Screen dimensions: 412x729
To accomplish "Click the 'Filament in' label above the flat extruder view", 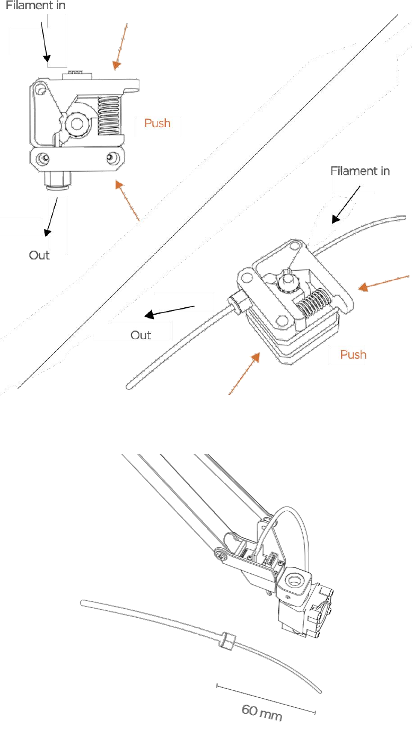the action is [x=36, y=5].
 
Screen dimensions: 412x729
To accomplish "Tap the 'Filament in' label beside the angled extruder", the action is [x=360, y=171].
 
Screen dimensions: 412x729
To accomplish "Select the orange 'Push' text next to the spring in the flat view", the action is [x=157, y=123].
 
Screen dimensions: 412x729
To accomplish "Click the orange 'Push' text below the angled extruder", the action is [x=353, y=354].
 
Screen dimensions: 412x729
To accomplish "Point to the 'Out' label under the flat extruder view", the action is [x=39, y=255].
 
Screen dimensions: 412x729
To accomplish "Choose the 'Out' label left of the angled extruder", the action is [x=141, y=335].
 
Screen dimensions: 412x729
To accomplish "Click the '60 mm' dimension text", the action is [x=262, y=713].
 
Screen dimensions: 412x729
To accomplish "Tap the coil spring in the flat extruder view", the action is [x=109, y=116].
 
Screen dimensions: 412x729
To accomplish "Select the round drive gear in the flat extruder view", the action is [x=77, y=123].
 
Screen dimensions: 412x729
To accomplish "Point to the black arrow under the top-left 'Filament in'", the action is [x=45, y=42].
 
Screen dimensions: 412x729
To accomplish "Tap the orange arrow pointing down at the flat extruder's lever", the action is [x=120, y=47].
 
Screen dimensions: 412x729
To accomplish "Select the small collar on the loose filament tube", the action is [x=227, y=641].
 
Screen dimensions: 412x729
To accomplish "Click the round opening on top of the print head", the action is [x=295, y=580].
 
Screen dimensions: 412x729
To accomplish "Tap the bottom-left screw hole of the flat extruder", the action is [x=42, y=159].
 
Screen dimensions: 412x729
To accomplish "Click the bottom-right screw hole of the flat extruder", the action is [x=113, y=158].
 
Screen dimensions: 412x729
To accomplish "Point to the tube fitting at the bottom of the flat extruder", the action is [x=58, y=181].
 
